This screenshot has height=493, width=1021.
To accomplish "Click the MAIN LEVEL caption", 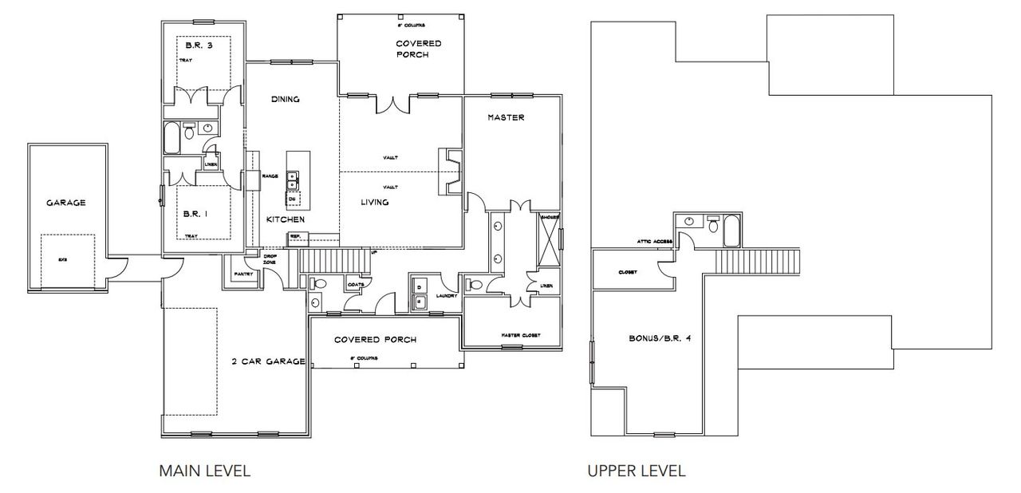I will (205, 471).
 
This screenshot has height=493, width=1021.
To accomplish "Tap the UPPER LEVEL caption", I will (636, 471).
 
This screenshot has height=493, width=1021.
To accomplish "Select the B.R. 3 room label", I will (194, 45).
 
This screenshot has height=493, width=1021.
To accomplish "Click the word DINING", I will (285, 100).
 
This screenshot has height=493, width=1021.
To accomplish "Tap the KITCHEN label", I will (284, 219).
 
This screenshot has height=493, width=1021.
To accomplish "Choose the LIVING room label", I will (374, 203).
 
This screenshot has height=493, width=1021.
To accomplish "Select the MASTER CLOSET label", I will (520, 335).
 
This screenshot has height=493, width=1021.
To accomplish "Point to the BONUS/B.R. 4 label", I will (659, 338).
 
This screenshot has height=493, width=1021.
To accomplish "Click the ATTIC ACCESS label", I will (654, 242).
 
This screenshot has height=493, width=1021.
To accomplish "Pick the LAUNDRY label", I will (445, 294).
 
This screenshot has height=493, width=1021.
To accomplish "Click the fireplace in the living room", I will (448, 172).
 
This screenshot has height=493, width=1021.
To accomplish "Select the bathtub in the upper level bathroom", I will (731, 233).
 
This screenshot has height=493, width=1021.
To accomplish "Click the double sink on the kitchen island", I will (293, 179).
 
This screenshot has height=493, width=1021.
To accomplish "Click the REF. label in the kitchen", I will (294, 235).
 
